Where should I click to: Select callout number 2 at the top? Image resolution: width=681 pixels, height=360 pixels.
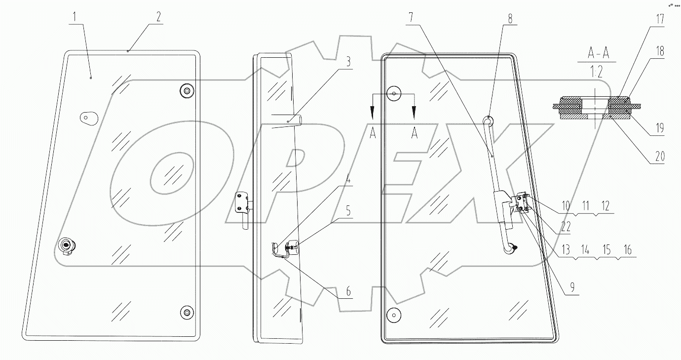pyautogui.click(x=158, y=17)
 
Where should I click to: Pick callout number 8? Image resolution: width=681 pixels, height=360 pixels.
pyautogui.click(x=510, y=18)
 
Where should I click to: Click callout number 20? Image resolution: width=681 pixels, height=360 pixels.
pyautogui.click(x=660, y=157)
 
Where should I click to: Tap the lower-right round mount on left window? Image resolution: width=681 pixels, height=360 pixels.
pyautogui.click(x=186, y=311)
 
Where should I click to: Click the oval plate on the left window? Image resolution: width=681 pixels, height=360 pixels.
pyautogui.click(x=87, y=117)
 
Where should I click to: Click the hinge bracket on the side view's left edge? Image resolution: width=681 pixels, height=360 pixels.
pyautogui.click(x=242, y=202)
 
